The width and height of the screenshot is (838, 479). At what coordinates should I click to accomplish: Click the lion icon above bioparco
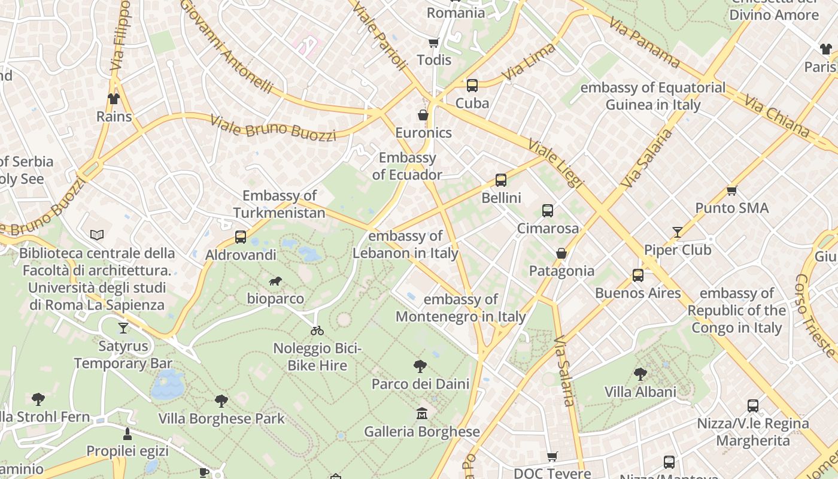(275, 281)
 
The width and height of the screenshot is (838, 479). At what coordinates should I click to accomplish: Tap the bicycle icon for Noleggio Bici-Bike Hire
(317, 331)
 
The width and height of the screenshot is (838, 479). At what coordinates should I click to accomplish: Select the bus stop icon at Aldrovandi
(241, 237)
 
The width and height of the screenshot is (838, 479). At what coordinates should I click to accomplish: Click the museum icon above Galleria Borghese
(422, 414)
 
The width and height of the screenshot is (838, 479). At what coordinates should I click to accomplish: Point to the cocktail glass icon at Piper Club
(677, 232)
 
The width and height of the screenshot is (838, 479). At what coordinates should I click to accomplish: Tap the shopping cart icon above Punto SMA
(731, 190)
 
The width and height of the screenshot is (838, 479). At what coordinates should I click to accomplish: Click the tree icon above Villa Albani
(640, 374)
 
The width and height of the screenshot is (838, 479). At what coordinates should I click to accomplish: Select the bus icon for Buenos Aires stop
(638, 275)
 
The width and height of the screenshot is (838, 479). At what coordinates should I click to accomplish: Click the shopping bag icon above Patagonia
(561, 253)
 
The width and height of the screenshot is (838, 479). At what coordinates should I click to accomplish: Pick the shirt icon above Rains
(114, 99)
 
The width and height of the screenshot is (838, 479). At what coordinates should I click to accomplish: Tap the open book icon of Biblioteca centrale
(97, 235)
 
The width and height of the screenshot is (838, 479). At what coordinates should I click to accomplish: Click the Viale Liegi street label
(555, 163)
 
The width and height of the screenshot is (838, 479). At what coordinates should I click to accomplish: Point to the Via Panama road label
(645, 42)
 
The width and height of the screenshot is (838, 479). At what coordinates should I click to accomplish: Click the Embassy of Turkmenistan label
(280, 204)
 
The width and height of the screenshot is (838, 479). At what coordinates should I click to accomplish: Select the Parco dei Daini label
(420, 384)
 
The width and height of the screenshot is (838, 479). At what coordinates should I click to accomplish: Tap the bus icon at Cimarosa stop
(548, 211)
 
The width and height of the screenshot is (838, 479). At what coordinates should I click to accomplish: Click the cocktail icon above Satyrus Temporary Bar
(123, 328)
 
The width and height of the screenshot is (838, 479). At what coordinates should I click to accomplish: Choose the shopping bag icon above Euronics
(423, 115)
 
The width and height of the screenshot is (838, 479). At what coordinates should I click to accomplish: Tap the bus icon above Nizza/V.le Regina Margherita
(753, 406)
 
